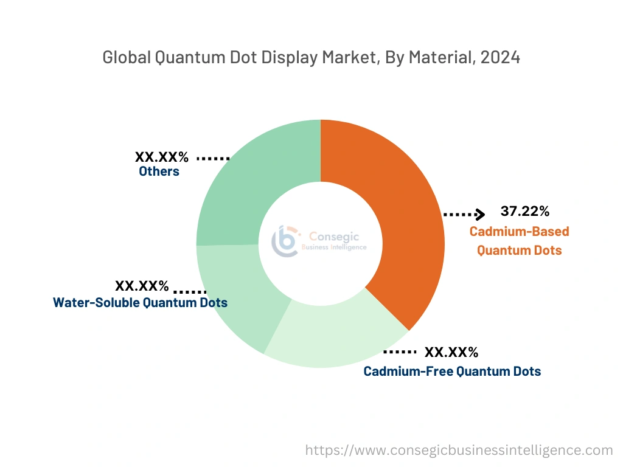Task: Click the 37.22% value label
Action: pos(525,212)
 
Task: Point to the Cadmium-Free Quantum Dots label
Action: pos(452,371)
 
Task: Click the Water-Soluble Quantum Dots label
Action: pos(141,302)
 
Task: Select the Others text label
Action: pos(159,171)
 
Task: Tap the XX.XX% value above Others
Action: pos(162,157)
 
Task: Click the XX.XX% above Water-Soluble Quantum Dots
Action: pos(142,286)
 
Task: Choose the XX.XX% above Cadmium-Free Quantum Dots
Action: pos(451,352)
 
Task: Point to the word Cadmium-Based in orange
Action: pos(519,232)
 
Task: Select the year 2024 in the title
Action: pos(499,58)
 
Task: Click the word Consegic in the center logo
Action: pos(334,236)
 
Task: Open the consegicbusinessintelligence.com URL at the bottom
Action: pos(459,450)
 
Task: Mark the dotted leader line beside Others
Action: pos(213,158)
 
